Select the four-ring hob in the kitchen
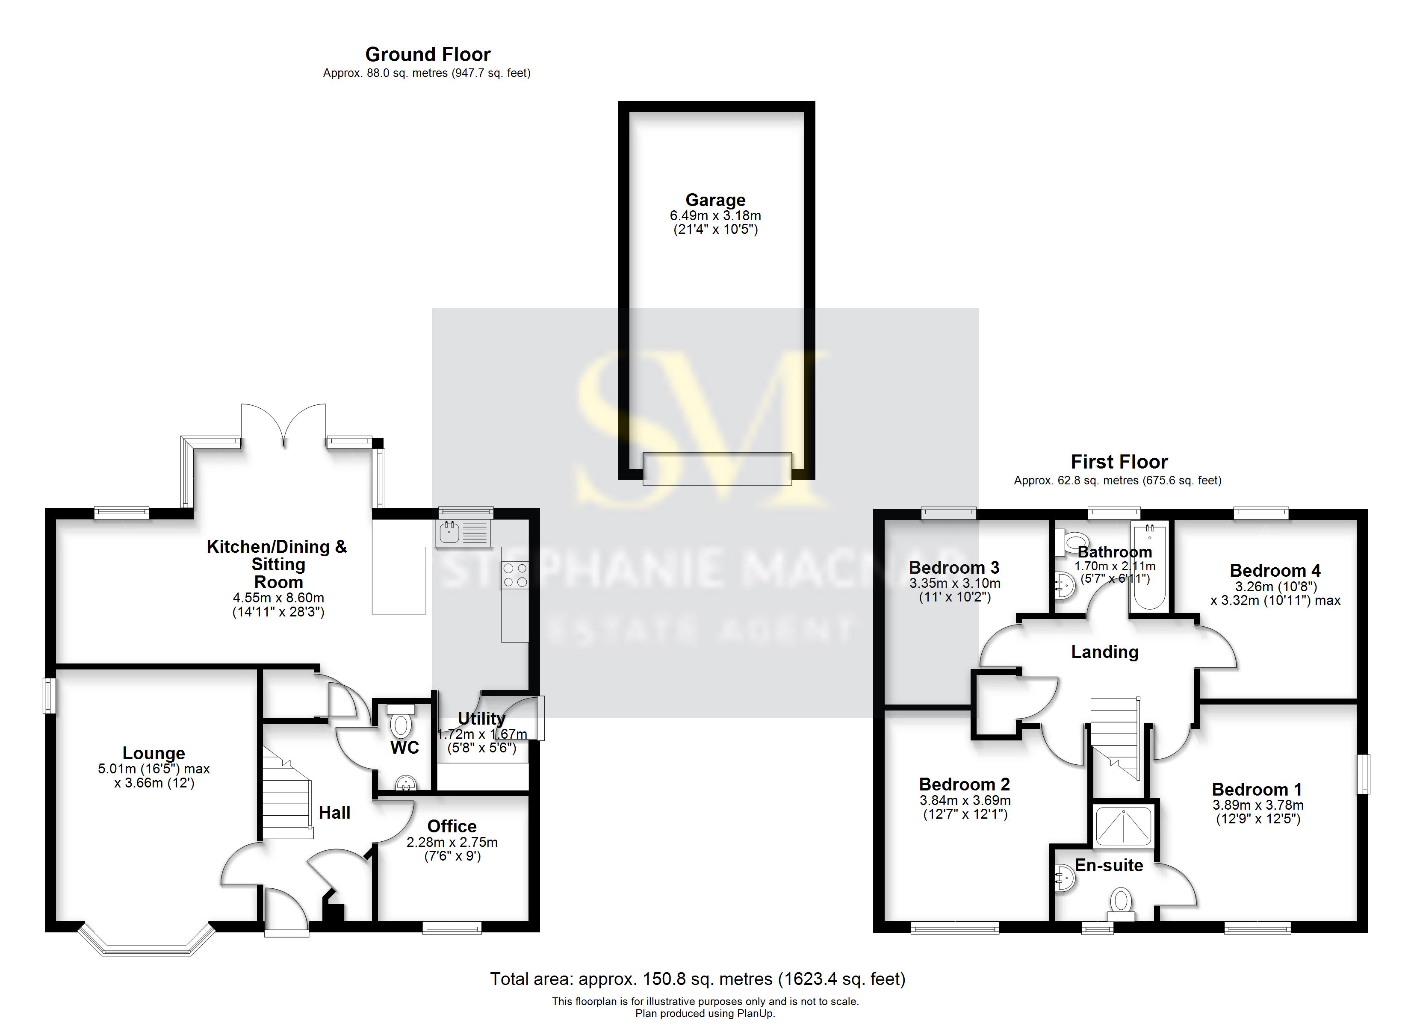click(514, 575)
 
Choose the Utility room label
click(481, 718)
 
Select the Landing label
click(1104, 652)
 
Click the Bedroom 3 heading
click(954, 567)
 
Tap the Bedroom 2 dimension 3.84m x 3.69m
click(965, 801)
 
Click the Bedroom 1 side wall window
click(1363, 774)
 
